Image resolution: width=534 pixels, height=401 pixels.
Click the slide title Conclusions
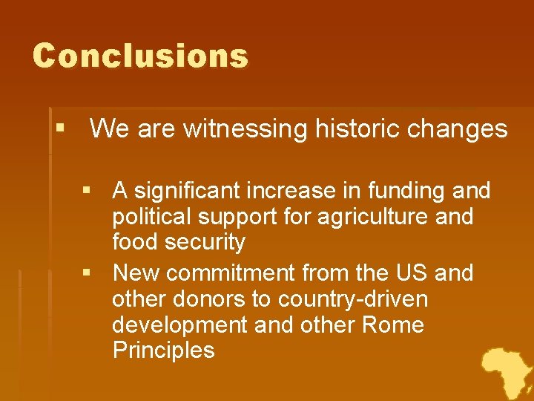click(140, 56)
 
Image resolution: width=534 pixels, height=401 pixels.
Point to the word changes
click(458, 129)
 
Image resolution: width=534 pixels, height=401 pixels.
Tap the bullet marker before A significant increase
click(88, 192)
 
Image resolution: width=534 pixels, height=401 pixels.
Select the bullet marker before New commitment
click(88, 273)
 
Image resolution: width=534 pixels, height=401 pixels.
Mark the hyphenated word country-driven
click(352, 299)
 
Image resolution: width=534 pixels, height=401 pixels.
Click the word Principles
click(163, 351)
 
